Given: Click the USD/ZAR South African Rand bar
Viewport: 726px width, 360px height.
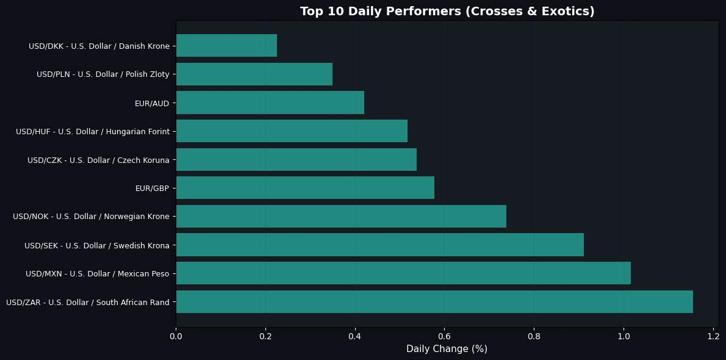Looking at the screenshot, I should pos(434,301).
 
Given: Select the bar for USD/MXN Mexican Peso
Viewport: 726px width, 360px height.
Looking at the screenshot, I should pos(403,273).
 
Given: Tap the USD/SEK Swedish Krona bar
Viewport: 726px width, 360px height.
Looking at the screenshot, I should pos(379,245).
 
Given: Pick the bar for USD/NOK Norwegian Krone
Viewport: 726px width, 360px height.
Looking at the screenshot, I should pos(341,216).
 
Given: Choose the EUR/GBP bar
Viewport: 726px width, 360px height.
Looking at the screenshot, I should pos(305,187).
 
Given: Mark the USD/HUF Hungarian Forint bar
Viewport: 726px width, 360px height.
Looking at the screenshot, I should pos(292,131).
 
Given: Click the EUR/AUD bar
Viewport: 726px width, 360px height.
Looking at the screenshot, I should pos(270,103).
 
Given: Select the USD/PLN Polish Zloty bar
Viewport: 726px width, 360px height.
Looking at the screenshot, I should pos(254,74).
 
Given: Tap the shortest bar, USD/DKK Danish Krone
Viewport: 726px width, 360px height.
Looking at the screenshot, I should pos(226,46).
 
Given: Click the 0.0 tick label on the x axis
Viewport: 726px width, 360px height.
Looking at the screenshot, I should pos(176,336).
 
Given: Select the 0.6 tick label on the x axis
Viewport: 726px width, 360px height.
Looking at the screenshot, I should pos(445,336).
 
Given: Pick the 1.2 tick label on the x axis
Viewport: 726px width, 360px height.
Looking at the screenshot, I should pos(713,336).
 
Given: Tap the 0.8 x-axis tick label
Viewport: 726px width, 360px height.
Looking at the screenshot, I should pos(534,336).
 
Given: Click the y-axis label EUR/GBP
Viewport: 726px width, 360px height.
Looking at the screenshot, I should pos(152,188).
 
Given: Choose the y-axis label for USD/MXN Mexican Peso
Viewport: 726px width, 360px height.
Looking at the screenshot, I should pos(98,274).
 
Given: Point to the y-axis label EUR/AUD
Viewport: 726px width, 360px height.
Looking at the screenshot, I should pos(152,103).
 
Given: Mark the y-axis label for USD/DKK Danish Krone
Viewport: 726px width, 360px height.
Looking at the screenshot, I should pos(99,46).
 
